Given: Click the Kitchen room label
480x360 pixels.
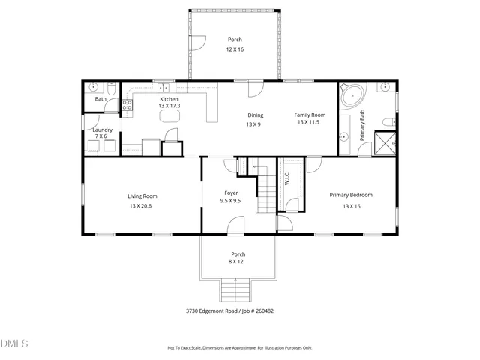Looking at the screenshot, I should [x=168, y=99].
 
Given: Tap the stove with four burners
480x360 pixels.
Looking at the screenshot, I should [x=127, y=106].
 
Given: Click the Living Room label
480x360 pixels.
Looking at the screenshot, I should [x=142, y=196].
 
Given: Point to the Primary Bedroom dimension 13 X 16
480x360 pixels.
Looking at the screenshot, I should [x=351, y=205].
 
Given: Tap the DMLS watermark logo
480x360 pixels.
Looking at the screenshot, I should [x=14, y=344].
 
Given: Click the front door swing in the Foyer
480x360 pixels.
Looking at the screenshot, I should [x=237, y=225].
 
